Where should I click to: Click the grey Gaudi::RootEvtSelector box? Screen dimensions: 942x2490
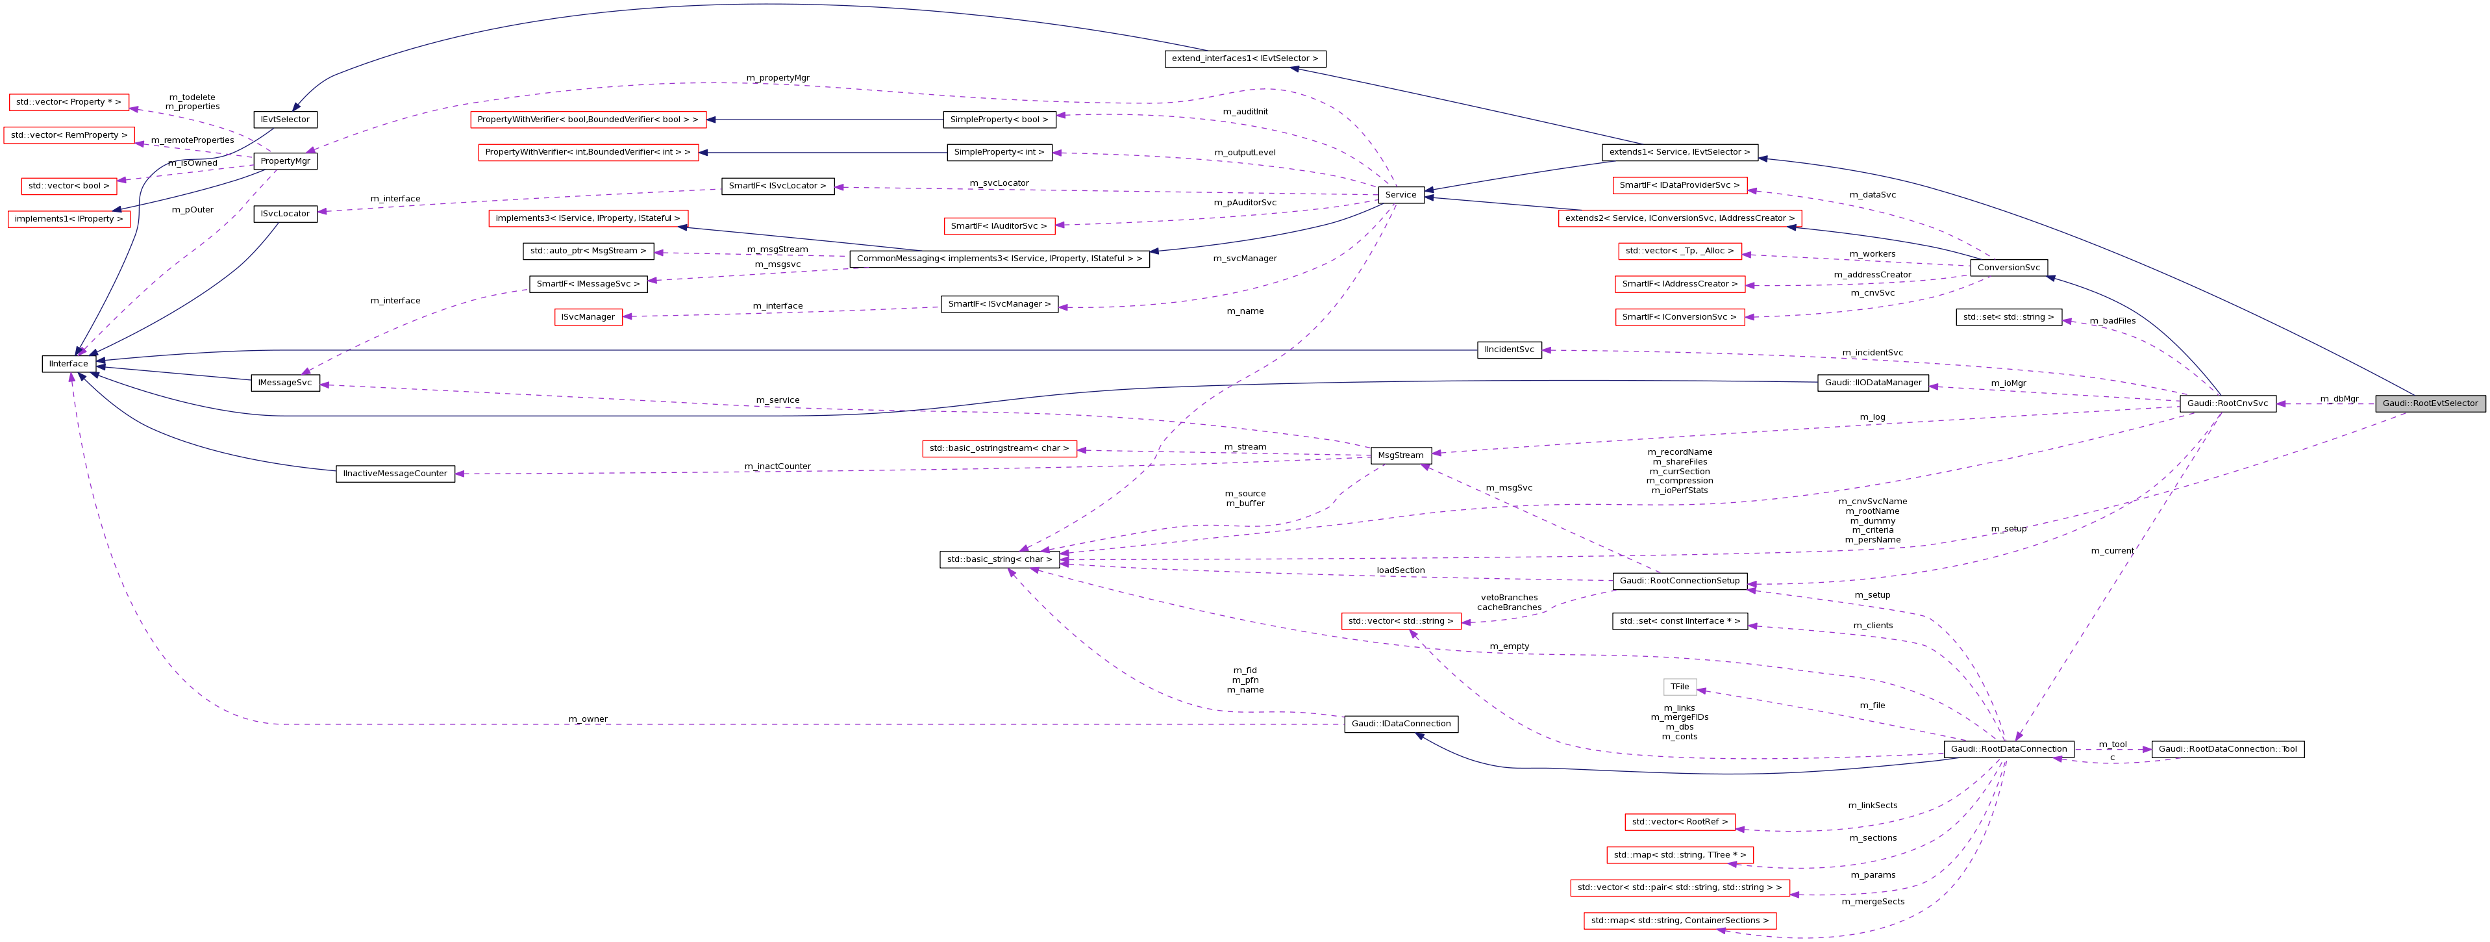[x=2429, y=403]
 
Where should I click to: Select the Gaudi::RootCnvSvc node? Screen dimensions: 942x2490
[x=2227, y=403]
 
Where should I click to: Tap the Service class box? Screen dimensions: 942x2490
[x=1400, y=194]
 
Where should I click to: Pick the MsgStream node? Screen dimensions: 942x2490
[x=1400, y=455]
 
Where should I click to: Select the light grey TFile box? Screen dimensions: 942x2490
[x=1679, y=687]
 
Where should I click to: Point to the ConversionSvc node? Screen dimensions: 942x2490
[x=2008, y=267]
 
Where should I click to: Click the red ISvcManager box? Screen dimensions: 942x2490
[x=588, y=317]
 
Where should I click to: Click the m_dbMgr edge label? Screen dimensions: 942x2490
[x=2339, y=398]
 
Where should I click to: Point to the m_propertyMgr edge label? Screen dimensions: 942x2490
[x=777, y=77]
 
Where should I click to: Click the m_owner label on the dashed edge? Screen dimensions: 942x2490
[x=588, y=719]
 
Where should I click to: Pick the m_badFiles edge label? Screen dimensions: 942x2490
[x=2112, y=320]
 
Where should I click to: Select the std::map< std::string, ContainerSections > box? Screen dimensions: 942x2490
[x=1679, y=921]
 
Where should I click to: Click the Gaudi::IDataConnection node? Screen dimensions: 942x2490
[x=1400, y=724]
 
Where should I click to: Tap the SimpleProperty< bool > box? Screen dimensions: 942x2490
[x=999, y=120]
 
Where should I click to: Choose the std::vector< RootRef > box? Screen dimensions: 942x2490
[x=1679, y=822]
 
